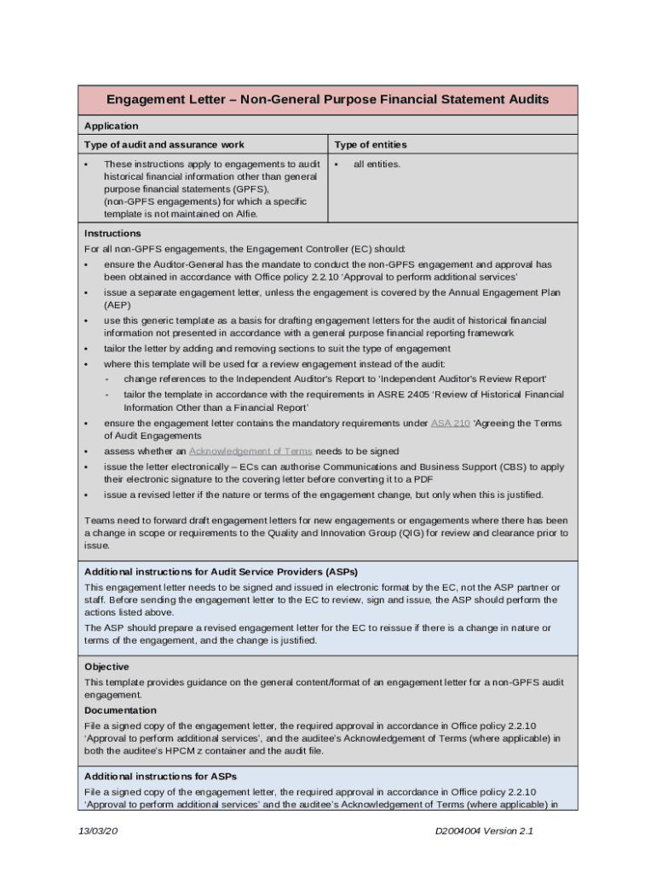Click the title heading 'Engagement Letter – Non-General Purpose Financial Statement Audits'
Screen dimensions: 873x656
click(327, 100)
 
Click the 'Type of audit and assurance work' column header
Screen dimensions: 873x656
click(164, 144)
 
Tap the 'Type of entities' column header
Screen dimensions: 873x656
click(370, 144)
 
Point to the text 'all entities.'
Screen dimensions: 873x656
click(377, 164)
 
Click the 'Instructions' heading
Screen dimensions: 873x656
click(112, 233)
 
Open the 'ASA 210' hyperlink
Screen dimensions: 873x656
click(450, 423)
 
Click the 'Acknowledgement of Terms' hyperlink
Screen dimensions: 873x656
click(250, 451)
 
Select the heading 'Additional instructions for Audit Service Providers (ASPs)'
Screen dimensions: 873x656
click(227, 571)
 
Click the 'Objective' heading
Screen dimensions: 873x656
click(106, 667)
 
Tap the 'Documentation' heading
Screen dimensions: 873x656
click(120, 710)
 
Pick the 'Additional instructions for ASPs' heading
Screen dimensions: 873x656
click(160, 777)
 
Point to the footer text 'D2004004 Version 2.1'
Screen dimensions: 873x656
click(484, 832)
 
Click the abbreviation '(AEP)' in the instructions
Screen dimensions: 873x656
click(118, 304)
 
